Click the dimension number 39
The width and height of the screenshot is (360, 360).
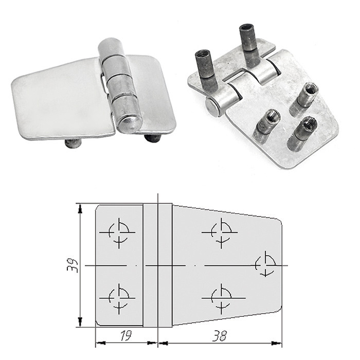pos(76,265)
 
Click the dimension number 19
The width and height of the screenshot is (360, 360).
pos(125,336)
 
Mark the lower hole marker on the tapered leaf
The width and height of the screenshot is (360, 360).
pos(221,298)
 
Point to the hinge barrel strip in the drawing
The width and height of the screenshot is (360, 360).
pos(157,265)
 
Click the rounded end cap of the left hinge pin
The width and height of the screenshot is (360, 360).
pos(128,123)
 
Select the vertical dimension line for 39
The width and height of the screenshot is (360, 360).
pos(81,265)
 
